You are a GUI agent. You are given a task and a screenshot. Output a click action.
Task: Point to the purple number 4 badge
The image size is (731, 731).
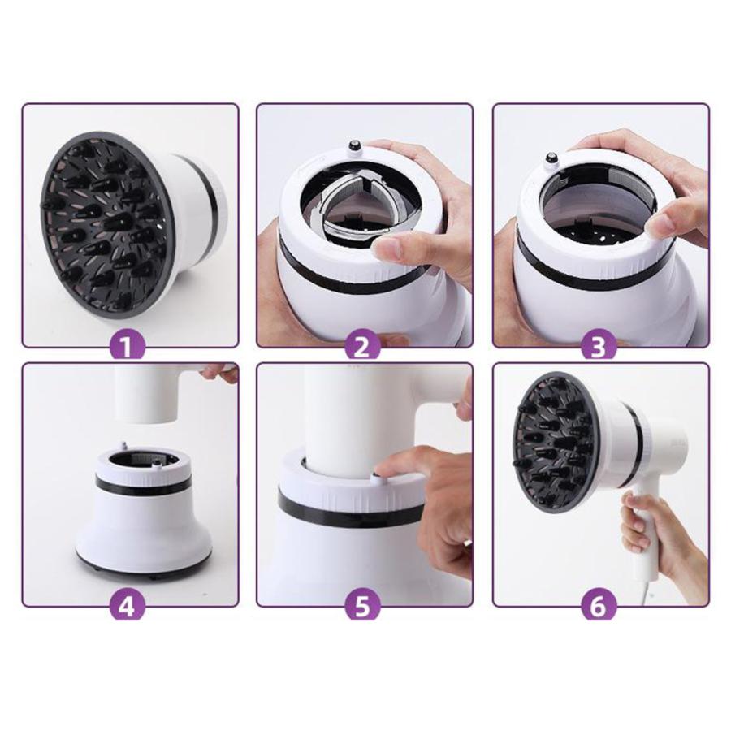[x=128, y=607]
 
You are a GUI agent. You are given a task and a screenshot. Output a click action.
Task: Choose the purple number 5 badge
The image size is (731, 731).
[x=361, y=607]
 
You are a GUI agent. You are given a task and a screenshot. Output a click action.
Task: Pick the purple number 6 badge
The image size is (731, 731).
[x=598, y=607]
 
